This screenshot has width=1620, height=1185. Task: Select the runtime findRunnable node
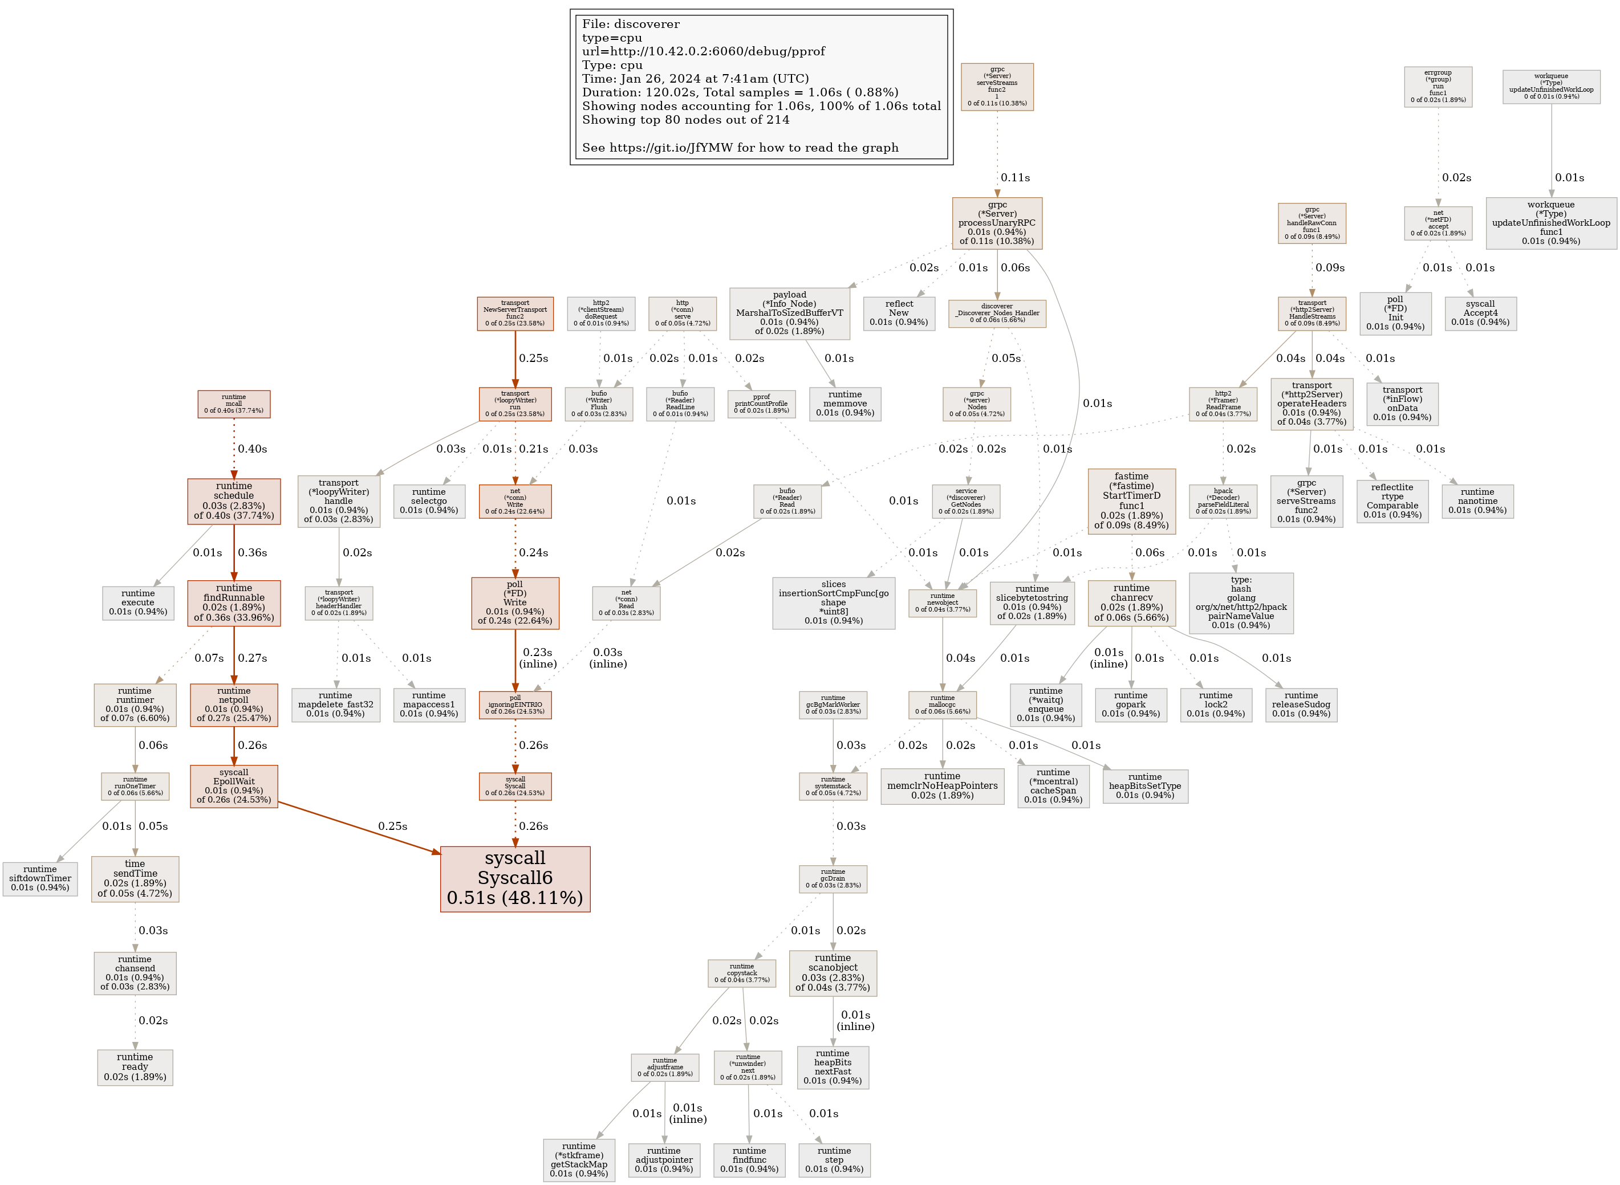[234, 602]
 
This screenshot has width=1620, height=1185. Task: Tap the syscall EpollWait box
[234, 785]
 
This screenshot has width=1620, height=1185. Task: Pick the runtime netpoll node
[234, 705]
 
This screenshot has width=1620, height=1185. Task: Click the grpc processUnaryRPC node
[997, 223]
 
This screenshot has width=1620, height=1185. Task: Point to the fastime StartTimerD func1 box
[1131, 500]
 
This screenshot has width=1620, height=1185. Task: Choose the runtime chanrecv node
[1131, 602]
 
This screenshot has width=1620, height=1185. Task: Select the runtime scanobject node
[833, 972]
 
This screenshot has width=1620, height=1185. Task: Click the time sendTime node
[135, 878]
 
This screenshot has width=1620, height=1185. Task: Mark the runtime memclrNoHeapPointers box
[942, 785]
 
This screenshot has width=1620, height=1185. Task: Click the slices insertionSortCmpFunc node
[833, 602]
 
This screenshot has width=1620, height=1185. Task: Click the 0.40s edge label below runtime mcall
[252, 449]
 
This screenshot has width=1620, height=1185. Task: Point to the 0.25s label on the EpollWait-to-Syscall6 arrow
[392, 826]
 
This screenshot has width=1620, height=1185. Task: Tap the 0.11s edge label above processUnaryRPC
[1014, 178]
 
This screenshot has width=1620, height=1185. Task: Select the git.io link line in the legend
[740, 148]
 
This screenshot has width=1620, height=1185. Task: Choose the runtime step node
[834, 1159]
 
